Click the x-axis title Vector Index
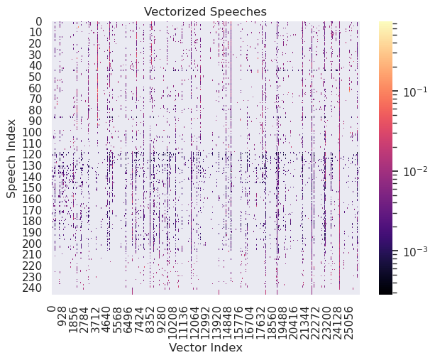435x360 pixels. pyautogui.click(x=205, y=349)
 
